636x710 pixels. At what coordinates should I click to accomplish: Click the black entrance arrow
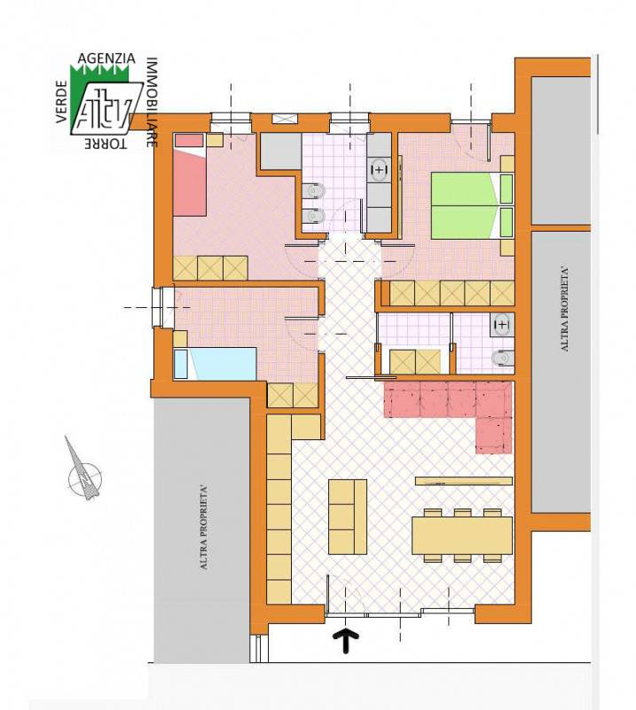(346, 640)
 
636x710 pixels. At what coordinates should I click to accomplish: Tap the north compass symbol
(83, 473)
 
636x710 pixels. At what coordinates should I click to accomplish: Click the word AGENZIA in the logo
(106, 59)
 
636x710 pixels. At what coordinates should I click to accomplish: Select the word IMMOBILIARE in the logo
(152, 102)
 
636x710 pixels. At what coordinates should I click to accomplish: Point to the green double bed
(472, 205)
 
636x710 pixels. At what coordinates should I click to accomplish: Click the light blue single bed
(215, 363)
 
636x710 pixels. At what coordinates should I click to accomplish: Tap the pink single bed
(190, 175)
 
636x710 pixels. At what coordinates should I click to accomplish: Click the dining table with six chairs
(462, 535)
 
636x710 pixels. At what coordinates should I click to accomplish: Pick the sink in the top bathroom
(380, 170)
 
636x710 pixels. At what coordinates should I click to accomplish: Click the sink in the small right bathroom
(502, 325)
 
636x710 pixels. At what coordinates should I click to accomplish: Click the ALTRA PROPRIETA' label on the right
(564, 309)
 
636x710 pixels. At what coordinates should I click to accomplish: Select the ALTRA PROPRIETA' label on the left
(204, 527)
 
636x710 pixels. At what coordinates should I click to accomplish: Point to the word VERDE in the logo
(61, 101)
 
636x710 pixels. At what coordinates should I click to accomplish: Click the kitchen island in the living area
(348, 517)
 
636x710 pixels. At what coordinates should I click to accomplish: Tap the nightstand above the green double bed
(507, 163)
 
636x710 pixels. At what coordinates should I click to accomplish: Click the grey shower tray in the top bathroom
(280, 152)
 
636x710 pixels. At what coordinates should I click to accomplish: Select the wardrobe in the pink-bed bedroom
(210, 268)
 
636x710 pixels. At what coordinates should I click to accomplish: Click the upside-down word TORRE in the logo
(106, 144)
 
